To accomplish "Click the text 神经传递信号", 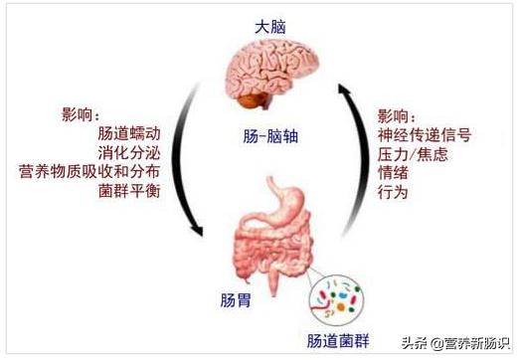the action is pos(424,134).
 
